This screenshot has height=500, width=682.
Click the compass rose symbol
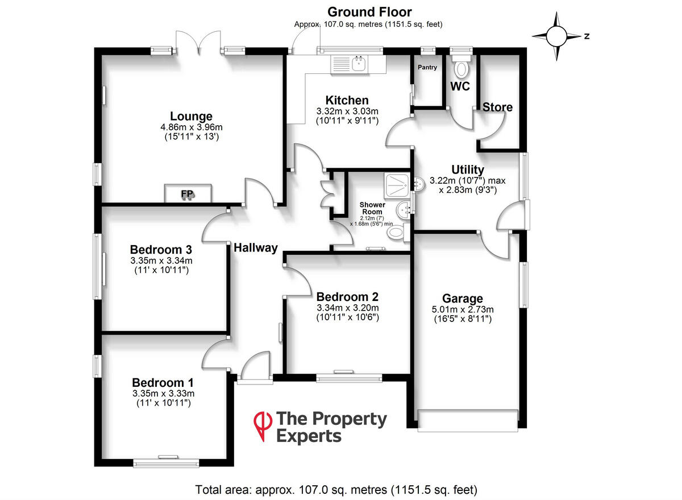coord(556,36)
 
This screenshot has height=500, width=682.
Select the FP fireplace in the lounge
coord(188,193)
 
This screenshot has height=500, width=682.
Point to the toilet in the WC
coord(461,69)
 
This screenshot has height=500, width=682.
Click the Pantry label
coord(427,68)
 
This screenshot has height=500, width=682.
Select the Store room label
coord(498,107)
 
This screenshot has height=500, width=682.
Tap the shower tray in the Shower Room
coord(396,183)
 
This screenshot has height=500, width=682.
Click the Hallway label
coord(255,247)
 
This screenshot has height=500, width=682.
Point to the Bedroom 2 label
coord(347,296)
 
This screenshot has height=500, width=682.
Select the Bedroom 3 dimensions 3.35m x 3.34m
coord(161,261)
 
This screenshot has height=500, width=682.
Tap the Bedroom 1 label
coord(163,382)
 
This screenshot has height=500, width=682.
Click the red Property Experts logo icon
coord(262,426)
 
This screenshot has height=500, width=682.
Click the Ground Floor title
coord(369,12)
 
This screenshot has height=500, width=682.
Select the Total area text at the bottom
coord(336,489)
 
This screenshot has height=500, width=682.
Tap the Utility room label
coord(467,170)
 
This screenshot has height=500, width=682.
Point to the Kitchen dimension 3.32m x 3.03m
coord(347,111)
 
